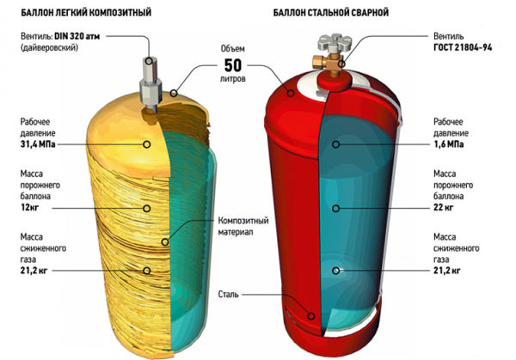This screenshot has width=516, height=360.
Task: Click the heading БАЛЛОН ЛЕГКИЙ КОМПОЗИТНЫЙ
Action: click(86, 13)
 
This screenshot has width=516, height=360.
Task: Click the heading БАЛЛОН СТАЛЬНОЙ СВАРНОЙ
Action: click(331, 13)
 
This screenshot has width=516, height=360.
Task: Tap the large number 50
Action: click(233, 65)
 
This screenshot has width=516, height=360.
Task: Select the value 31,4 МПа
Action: click(38, 144)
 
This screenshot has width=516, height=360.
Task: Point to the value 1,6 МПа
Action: click(449, 144)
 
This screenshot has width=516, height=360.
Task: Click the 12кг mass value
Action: click(29, 208)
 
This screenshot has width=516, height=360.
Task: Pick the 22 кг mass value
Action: click(443, 208)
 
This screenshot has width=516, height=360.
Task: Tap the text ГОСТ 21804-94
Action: click(463, 47)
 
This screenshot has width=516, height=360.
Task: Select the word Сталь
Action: click(229, 294)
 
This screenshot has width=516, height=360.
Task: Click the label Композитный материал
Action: click(243, 226)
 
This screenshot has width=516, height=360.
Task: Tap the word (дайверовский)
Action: click(49, 47)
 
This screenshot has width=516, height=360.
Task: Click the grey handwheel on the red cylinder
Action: click(335, 42)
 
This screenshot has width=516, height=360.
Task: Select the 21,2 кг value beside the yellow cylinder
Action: click(34, 271)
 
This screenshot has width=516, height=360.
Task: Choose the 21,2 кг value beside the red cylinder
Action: click(446, 271)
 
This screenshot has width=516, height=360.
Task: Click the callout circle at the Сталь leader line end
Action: click(311, 316)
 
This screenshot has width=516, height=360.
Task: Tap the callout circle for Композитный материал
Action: click(165, 242)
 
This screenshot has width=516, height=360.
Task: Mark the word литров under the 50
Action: click(233, 79)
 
